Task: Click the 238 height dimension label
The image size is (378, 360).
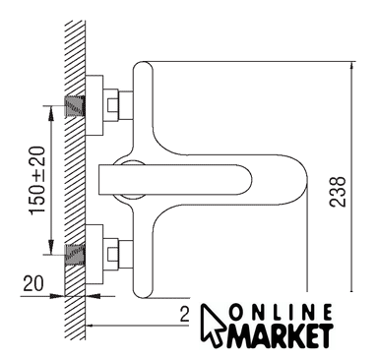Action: coord(338,192)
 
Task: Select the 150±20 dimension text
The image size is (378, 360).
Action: coord(37,181)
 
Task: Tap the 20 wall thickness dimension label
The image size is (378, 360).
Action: coord(33,283)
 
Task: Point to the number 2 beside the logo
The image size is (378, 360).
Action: coord(185,315)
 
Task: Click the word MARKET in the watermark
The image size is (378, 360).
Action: coord(280,335)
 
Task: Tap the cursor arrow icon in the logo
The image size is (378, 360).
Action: coord(212,325)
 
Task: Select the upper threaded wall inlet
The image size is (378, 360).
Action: coord(75,106)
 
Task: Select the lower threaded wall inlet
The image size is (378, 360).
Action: coord(75,255)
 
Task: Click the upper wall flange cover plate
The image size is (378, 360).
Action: coord(94,105)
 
